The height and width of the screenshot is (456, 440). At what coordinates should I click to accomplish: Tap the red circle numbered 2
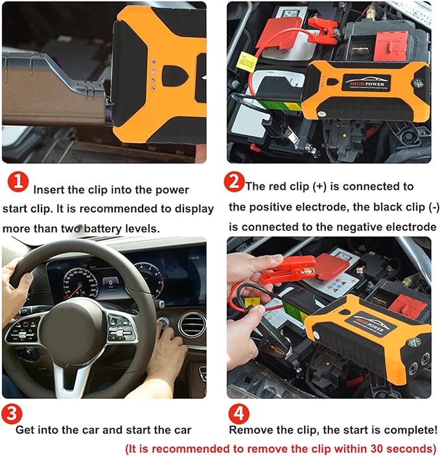pos(234,181)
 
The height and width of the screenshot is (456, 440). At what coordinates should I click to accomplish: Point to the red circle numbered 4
pos(238,413)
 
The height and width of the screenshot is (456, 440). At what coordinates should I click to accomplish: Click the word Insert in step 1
pos(49,190)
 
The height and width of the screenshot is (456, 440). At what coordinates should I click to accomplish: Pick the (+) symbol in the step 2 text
pos(319,187)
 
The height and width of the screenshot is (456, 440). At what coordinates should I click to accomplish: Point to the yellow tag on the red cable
pos(247,62)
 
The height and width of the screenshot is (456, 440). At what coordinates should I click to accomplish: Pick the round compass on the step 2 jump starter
pos(419,84)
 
